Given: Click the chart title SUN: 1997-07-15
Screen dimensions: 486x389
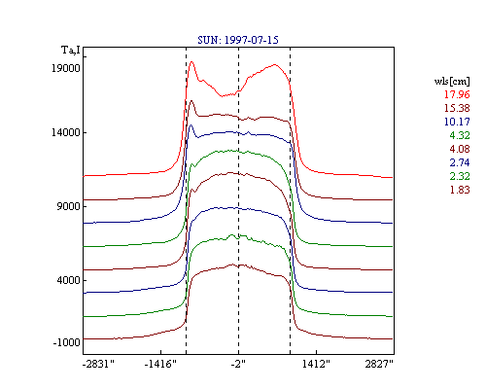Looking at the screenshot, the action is (x=238, y=40).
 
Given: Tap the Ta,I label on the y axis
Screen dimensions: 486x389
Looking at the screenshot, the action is (x=71, y=51).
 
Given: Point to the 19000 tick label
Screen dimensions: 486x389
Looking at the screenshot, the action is (x=66, y=68).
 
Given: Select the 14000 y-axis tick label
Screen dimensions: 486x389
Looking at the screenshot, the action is (x=66, y=132).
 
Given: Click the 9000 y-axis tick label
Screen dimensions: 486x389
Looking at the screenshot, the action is (x=68, y=206).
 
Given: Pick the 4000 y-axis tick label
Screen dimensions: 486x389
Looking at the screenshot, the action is (x=68, y=280).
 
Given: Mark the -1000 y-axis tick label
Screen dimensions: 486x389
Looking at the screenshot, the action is (x=66, y=342).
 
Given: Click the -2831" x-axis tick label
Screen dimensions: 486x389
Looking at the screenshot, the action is (x=98, y=364).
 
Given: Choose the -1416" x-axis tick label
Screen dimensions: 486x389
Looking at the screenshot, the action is (x=160, y=364).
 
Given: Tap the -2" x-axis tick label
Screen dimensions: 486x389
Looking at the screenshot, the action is (x=238, y=364).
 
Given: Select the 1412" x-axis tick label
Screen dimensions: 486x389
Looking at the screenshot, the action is (x=316, y=364).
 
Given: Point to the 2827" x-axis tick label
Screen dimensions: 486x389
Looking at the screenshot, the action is (x=379, y=364).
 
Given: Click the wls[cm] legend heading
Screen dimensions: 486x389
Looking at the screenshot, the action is (x=452, y=82).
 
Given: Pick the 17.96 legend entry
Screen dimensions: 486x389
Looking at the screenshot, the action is (x=457, y=94).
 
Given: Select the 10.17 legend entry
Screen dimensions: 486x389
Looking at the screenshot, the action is (x=457, y=122).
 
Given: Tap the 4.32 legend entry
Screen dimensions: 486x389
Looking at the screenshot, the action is (x=460, y=135).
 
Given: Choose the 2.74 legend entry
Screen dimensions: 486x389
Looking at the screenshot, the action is (x=460, y=162).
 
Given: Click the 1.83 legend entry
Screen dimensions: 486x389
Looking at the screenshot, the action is (x=460, y=190).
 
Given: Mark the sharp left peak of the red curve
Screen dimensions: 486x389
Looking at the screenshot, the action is (x=191, y=61).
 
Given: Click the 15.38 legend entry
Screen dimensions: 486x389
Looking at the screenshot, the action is (x=457, y=108).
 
